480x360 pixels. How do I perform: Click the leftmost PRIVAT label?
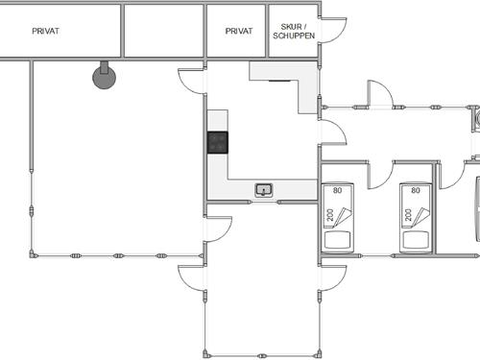44,31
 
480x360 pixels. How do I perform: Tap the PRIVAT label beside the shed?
238,31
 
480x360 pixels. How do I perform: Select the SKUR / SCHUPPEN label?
292,31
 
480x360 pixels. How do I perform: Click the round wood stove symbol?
103,76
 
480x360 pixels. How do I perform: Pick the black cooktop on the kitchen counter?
218,142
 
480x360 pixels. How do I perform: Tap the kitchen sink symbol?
264,190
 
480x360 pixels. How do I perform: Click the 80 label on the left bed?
337,190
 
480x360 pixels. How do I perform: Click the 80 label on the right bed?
416,190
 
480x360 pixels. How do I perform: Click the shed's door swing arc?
332,29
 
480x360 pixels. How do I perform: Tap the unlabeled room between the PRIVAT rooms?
163,31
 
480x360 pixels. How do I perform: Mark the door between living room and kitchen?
192,81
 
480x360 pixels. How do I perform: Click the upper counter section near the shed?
284,72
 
